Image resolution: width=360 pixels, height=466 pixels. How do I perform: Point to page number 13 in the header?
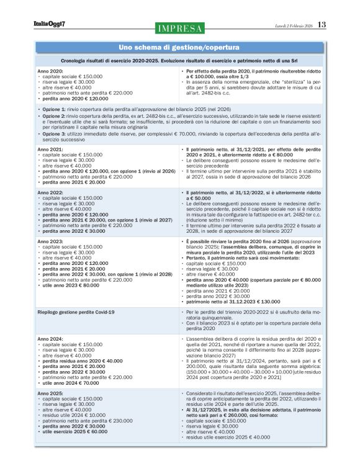(x=322, y=25)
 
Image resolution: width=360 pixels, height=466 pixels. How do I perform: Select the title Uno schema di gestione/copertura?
(x=179, y=48)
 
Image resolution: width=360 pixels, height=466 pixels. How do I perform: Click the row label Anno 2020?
(x=49, y=71)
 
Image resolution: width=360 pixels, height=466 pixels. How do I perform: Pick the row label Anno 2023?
(x=49, y=240)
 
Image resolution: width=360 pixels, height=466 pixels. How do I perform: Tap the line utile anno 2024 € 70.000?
(x=70, y=385)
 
